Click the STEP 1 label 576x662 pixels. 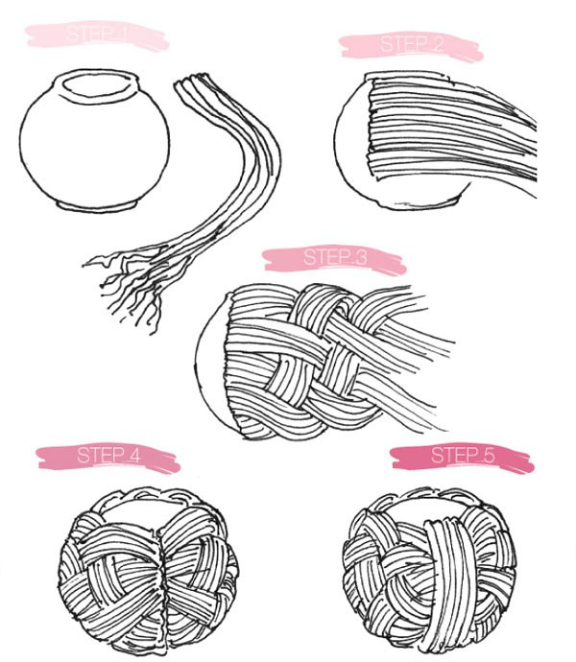(x=97, y=35)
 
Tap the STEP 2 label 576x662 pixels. (x=412, y=44)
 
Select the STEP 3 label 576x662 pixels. (x=335, y=257)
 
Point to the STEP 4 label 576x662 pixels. (x=108, y=456)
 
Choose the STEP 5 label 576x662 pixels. (x=463, y=456)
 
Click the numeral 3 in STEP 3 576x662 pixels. (x=361, y=257)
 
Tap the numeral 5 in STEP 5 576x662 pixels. (x=488, y=456)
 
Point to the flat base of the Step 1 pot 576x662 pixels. (x=98, y=205)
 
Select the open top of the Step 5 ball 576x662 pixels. (x=427, y=507)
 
